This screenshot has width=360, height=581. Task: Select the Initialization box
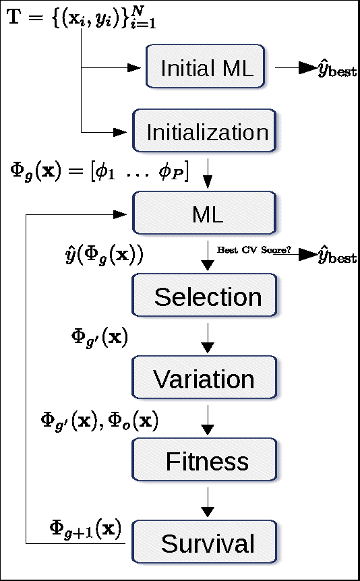(x=207, y=131)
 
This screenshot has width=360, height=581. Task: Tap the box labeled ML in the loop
(x=207, y=214)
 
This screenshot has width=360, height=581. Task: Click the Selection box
(x=207, y=297)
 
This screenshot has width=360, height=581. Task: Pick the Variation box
(x=204, y=379)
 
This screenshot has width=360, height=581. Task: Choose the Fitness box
(x=207, y=462)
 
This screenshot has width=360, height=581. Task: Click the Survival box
(x=207, y=543)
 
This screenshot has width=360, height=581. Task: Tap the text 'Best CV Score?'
(x=253, y=249)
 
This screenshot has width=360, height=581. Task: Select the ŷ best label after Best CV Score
(x=336, y=256)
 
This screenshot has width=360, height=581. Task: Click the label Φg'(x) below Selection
(x=99, y=337)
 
